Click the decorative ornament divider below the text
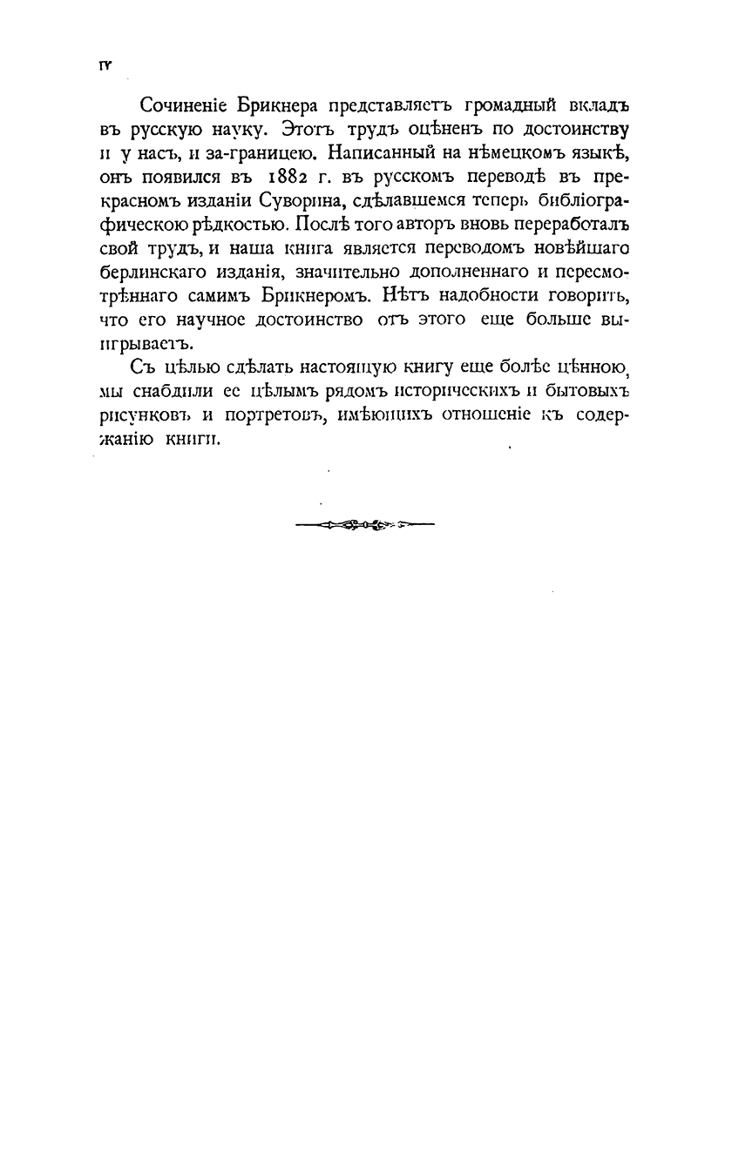click(x=364, y=524)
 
